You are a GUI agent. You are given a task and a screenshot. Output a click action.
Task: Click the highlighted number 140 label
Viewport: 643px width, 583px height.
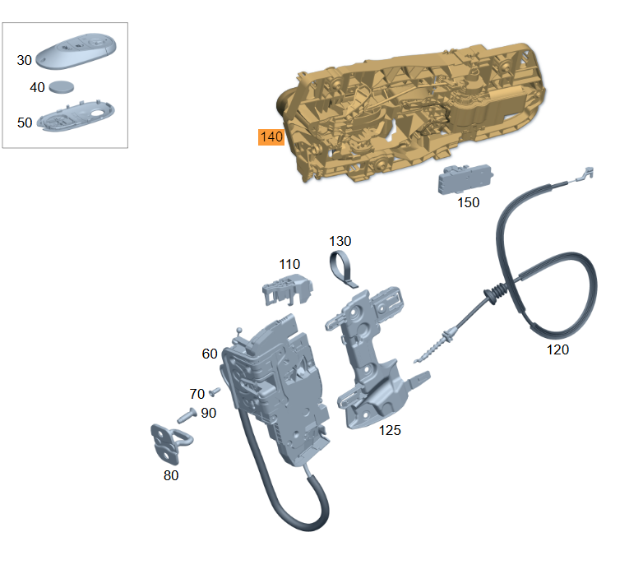(x=271, y=137)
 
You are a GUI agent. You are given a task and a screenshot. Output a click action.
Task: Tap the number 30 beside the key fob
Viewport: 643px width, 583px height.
(x=24, y=60)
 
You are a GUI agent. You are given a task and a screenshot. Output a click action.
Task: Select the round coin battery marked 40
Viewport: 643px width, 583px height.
(x=62, y=87)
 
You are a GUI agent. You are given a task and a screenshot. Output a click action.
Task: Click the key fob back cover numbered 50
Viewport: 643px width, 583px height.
(x=76, y=116)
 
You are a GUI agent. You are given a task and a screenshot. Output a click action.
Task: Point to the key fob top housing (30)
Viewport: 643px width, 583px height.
(x=76, y=51)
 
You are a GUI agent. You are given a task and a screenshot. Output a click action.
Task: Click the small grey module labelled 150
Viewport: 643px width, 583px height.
(x=465, y=178)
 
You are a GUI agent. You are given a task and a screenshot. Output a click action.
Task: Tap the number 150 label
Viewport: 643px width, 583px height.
(x=469, y=202)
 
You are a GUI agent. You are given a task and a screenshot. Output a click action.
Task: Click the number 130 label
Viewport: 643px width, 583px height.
(x=340, y=241)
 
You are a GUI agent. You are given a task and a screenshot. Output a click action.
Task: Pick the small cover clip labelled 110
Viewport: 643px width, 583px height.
(x=288, y=289)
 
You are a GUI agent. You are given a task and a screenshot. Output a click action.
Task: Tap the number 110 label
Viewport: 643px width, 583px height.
(x=289, y=264)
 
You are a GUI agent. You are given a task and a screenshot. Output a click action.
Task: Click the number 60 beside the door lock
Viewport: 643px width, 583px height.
(x=210, y=354)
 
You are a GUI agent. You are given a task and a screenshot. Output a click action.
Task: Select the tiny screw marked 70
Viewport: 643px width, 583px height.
(x=215, y=392)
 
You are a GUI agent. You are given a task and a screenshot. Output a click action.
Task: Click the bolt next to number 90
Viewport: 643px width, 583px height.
(x=187, y=415)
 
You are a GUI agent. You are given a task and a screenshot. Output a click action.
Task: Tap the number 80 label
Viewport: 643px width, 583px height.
(x=171, y=475)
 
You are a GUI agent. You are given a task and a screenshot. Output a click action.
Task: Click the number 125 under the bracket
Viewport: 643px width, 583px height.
(x=390, y=430)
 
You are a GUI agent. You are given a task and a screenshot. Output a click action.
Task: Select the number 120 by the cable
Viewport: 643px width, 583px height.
(x=557, y=349)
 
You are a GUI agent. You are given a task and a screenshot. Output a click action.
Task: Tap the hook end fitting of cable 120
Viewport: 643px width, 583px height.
(x=585, y=174)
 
